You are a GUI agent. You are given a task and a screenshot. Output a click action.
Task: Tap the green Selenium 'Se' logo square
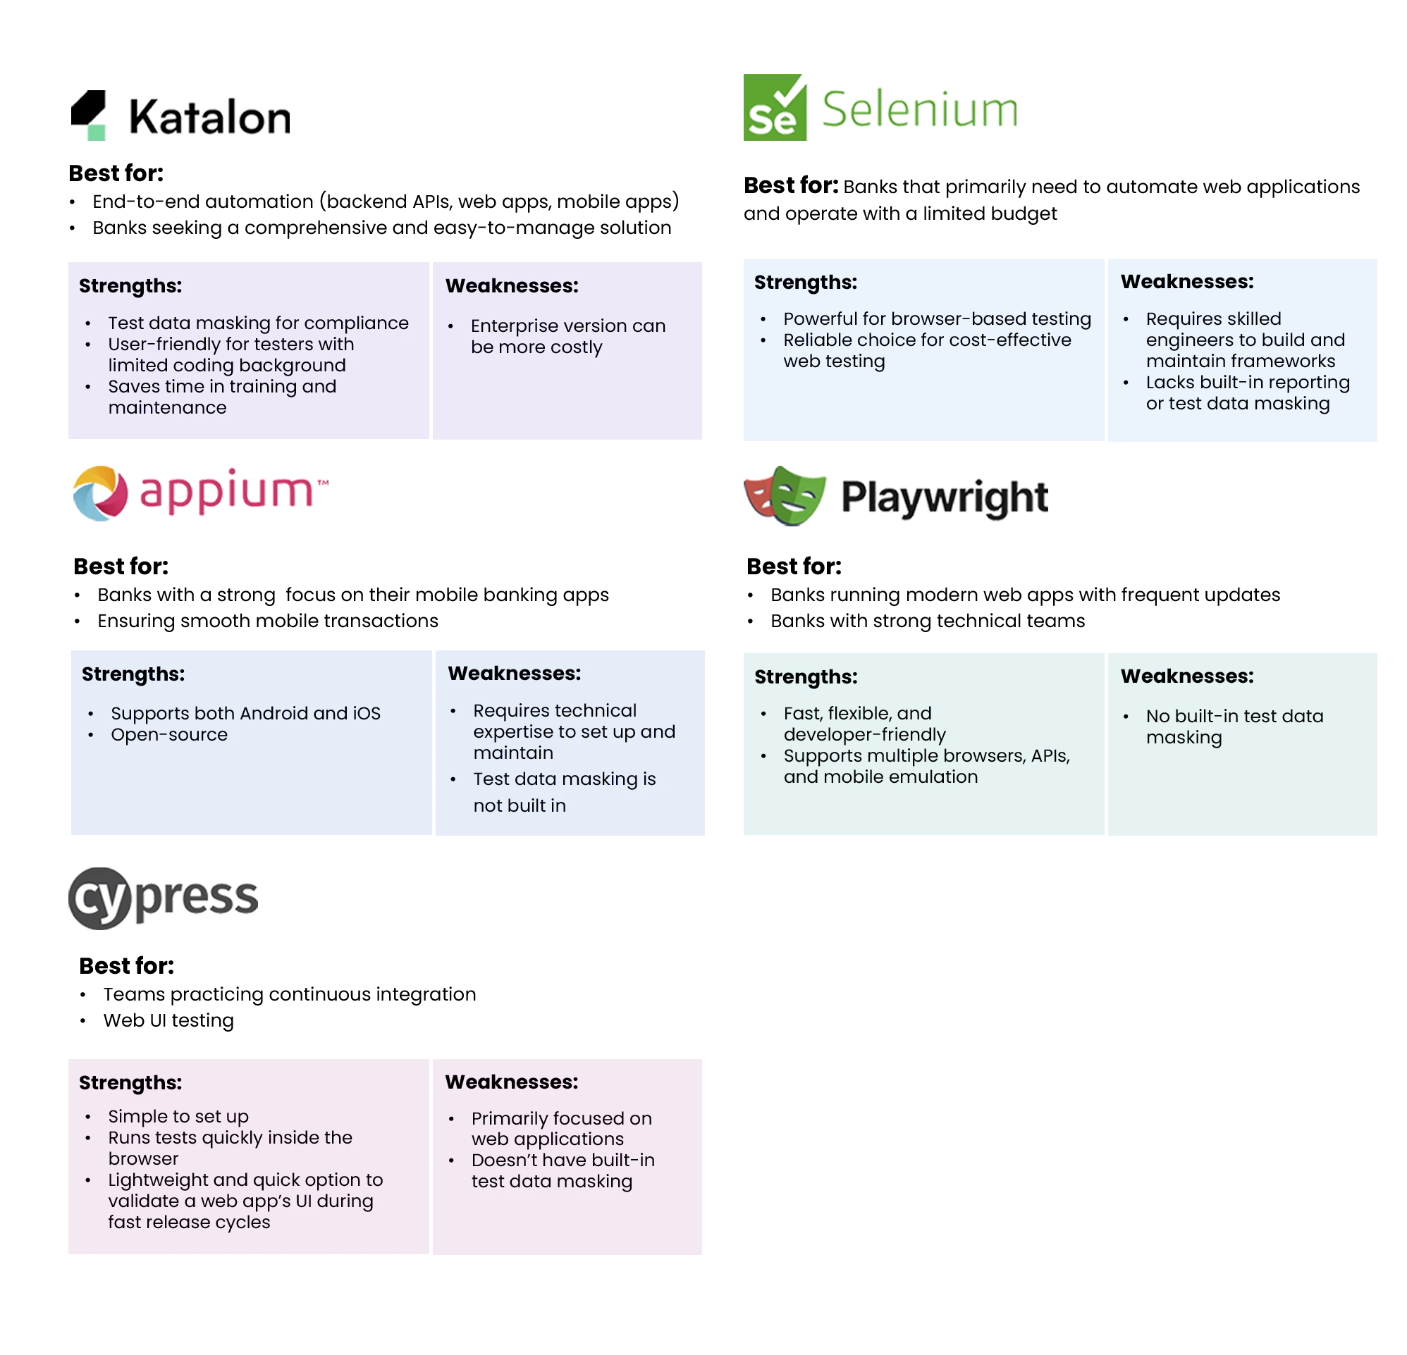point(773,108)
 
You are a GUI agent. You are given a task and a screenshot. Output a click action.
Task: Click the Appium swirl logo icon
point(101,493)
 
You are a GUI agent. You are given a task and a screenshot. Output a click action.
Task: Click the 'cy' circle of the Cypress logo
point(100,897)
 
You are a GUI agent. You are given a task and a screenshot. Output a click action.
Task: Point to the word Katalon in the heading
point(211,116)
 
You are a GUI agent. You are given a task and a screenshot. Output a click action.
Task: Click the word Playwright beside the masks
point(944,497)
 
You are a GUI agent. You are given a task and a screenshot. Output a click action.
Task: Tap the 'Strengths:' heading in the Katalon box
point(130,285)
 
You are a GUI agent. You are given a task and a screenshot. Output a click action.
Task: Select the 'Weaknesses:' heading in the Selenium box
point(1186,281)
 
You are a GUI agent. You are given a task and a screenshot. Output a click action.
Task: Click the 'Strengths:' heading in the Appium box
point(133,674)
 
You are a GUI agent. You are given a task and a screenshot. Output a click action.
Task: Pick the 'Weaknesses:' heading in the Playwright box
point(1186,676)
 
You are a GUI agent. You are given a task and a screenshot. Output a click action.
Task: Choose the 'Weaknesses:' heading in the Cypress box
point(511,1082)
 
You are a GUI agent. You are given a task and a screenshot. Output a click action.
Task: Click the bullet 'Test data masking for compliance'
point(259,323)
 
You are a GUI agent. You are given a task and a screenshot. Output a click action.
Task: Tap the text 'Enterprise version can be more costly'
point(568,336)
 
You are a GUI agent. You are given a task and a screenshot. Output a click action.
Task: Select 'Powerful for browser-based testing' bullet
point(937,318)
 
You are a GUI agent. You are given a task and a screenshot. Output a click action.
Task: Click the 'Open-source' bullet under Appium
point(169,734)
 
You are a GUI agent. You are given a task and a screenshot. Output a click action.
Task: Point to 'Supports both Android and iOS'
point(245,713)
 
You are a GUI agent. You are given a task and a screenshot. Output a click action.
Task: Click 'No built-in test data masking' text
point(1234,726)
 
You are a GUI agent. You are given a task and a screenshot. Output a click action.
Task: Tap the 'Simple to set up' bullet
point(179,1116)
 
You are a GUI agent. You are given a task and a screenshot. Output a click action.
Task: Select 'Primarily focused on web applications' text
point(561,1128)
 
